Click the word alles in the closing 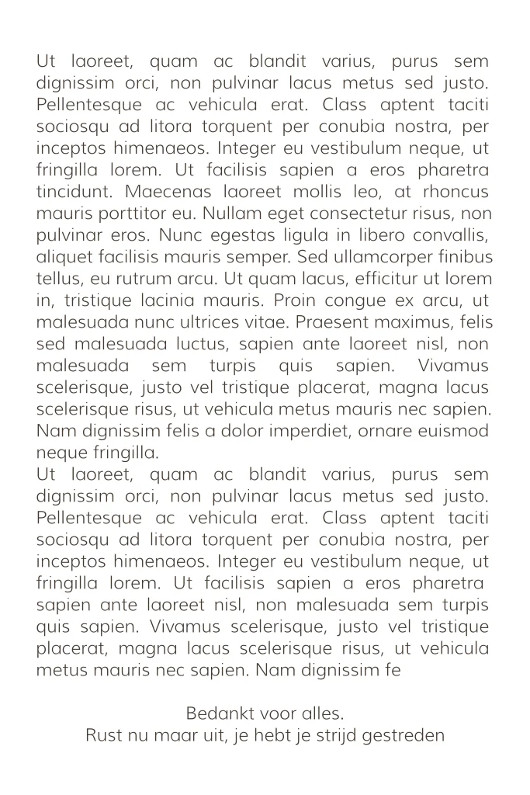324,712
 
